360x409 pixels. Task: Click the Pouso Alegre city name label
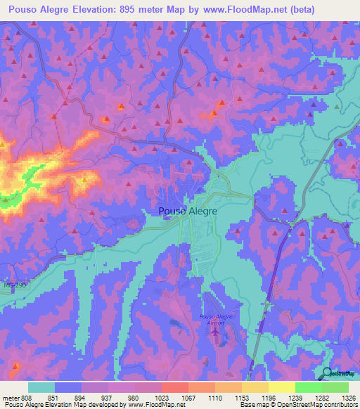187,210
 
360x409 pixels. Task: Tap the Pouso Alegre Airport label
215,320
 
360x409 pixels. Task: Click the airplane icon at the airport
215,332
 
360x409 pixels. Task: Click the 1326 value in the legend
348,397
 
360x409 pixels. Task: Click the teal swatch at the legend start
41,387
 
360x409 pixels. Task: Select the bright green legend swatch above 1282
308,387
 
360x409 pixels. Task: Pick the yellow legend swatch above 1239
281,387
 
